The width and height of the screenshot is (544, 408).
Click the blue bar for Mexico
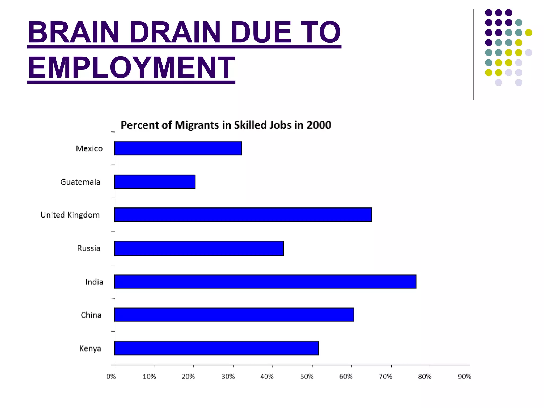tap(178, 148)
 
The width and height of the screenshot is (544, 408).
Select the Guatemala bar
tap(155, 182)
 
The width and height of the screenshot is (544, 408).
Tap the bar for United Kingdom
tap(243, 215)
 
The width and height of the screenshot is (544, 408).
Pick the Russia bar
tap(199, 248)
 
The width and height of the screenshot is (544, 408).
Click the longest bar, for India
tap(265, 282)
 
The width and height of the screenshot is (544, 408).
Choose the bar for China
tap(234, 315)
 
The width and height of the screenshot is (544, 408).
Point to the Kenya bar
tap(216, 348)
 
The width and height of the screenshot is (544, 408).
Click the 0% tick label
tap(111, 377)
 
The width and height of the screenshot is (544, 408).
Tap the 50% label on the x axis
tap(307, 377)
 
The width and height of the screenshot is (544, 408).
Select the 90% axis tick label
tap(464, 377)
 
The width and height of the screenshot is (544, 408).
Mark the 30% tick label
tap(228, 377)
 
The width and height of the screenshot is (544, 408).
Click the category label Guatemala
tap(80, 182)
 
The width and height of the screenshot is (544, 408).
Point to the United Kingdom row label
tap(70, 215)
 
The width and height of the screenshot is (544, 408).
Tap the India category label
tap(94, 282)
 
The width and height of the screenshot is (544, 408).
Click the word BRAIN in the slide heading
tap(74, 32)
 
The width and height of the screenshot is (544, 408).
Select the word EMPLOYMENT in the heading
tap(131, 67)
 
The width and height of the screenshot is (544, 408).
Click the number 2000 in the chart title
tap(319, 125)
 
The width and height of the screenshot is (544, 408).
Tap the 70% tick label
tap(385, 377)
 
